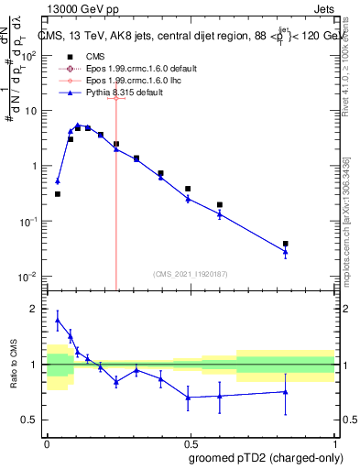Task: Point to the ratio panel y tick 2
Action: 34,310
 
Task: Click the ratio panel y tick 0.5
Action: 30,420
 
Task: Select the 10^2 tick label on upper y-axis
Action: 28,55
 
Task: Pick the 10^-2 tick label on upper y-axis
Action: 28,277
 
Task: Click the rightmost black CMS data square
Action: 286,244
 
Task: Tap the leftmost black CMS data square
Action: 58,194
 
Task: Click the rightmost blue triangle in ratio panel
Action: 286,392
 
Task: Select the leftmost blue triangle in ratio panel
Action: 58,321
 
